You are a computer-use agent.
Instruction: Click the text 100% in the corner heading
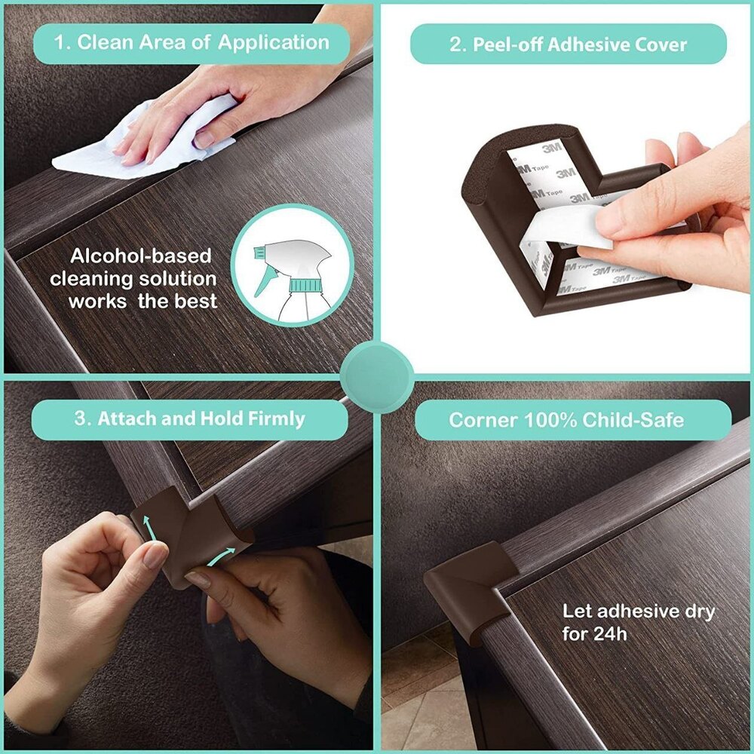pos(536,420)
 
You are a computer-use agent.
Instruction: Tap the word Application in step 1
pos(274,43)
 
